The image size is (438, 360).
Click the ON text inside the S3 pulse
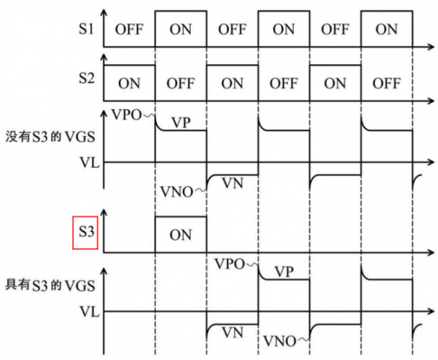click(180, 234)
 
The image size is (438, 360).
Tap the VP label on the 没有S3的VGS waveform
click(181, 122)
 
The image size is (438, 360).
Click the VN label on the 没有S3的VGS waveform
click(233, 183)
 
